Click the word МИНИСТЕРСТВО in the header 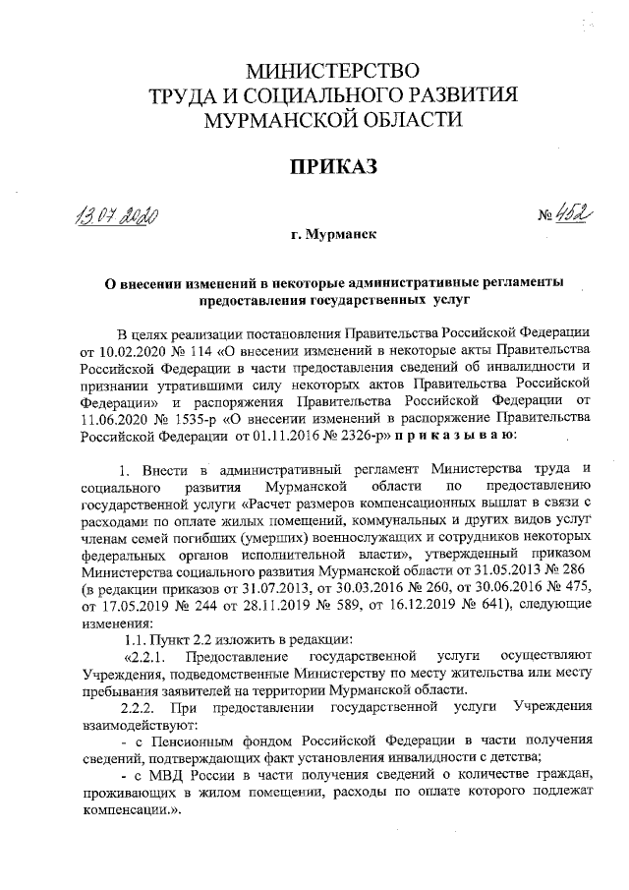click(x=330, y=72)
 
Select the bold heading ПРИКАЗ click(x=331, y=168)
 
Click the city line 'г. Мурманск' click(x=331, y=236)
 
